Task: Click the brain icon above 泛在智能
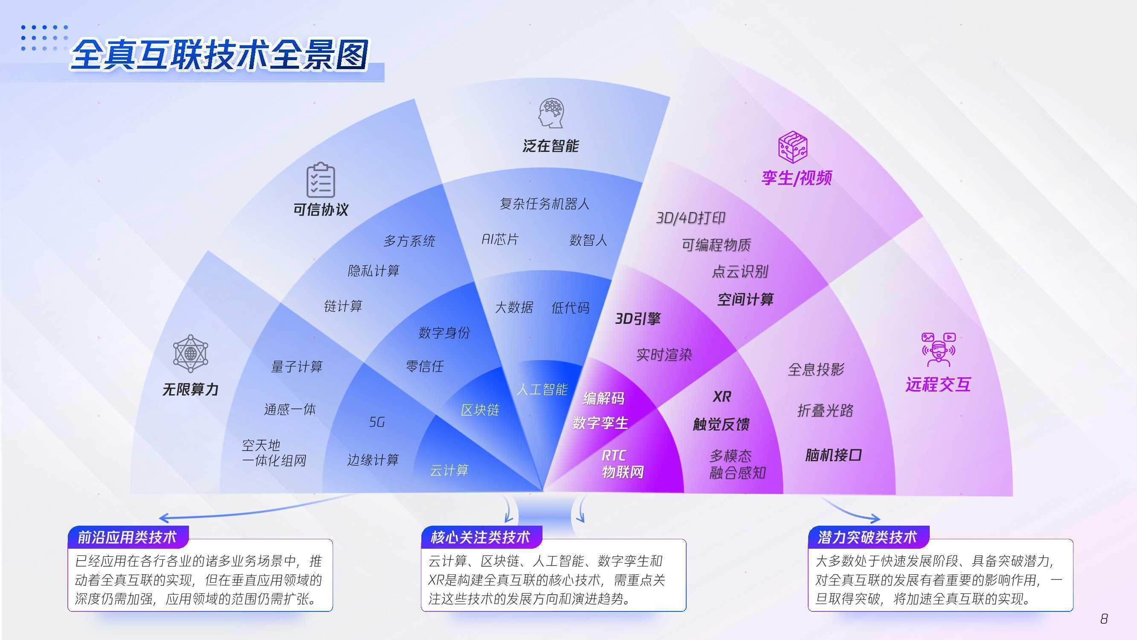[551, 113]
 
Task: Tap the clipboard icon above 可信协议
[321, 180]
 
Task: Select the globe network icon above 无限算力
[190, 353]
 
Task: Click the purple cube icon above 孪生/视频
[793, 147]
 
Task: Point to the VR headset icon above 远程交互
[938, 349]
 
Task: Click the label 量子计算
[296, 367]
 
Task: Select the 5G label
[377, 422]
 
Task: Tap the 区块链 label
[480, 410]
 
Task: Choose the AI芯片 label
[500, 239]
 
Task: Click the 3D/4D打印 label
[691, 218]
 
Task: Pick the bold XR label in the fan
[722, 397]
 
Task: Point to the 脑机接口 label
[833, 455]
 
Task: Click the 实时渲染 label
[664, 355]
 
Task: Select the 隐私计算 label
[374, 271]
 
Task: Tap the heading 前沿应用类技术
[127, 537]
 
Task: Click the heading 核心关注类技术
[480, 537]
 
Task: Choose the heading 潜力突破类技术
[867, 537]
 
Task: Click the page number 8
[1104, 619]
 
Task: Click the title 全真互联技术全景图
[219, 55]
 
